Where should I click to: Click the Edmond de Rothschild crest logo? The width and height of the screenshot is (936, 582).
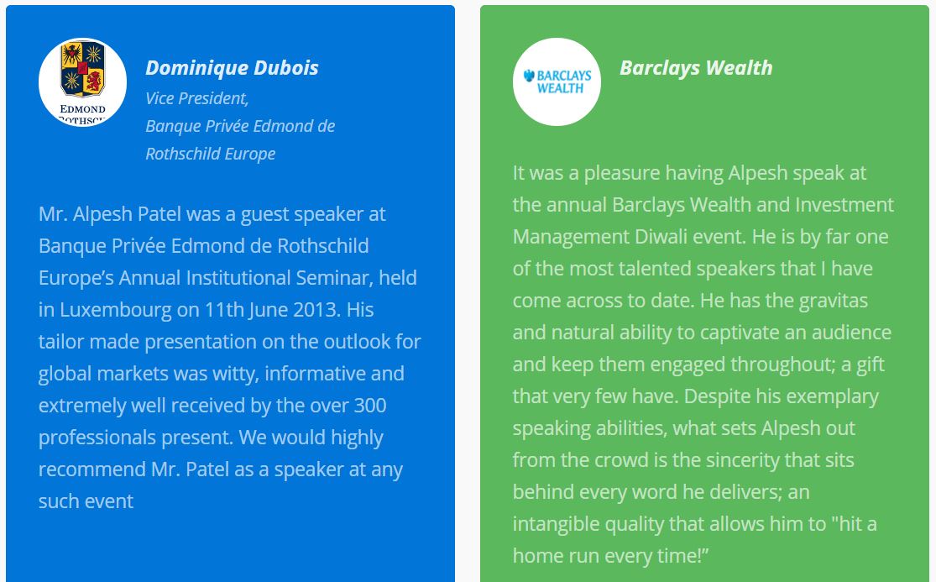click(82, 81)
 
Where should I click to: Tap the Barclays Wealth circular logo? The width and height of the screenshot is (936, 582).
click(557, 81)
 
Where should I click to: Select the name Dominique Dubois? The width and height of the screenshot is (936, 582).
click(232, 68)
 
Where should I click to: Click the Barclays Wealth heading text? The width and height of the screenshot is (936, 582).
click(696, 68)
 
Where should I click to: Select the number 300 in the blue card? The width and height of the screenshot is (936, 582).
click(370, 406)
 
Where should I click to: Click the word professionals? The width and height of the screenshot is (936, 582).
click(97, 438)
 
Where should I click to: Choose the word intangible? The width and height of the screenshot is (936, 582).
click(556, 524)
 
